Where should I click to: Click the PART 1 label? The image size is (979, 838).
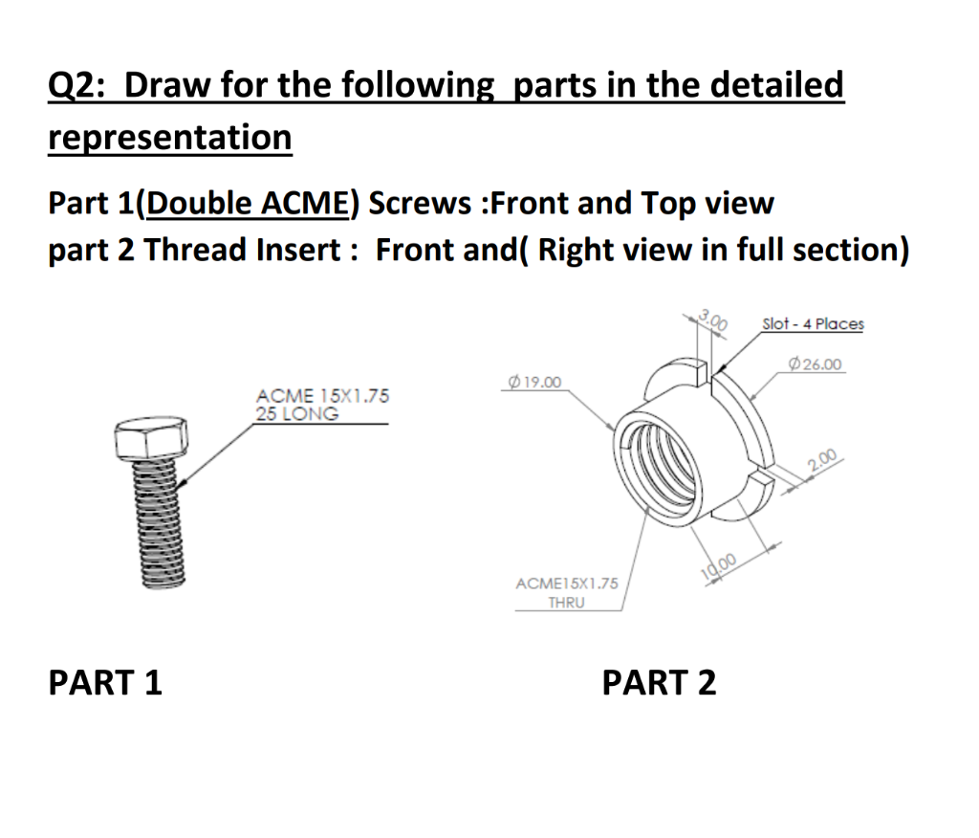pyautogui.click(x=105, y=683)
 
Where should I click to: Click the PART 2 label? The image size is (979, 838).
pyautogui.click(x=659, y=683)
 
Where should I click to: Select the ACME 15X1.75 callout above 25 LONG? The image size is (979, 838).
pyautogui.click(x=322, y=396)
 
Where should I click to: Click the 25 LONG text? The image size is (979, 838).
pyautogui.click(x=296, y=414)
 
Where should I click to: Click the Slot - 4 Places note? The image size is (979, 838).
pyautogui.click(x=813, y=323)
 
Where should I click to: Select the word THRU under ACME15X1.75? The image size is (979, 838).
pyautogui.click(x=567, y=603)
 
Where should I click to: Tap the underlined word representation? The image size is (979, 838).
pyautogui.click(x=169, y=138)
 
